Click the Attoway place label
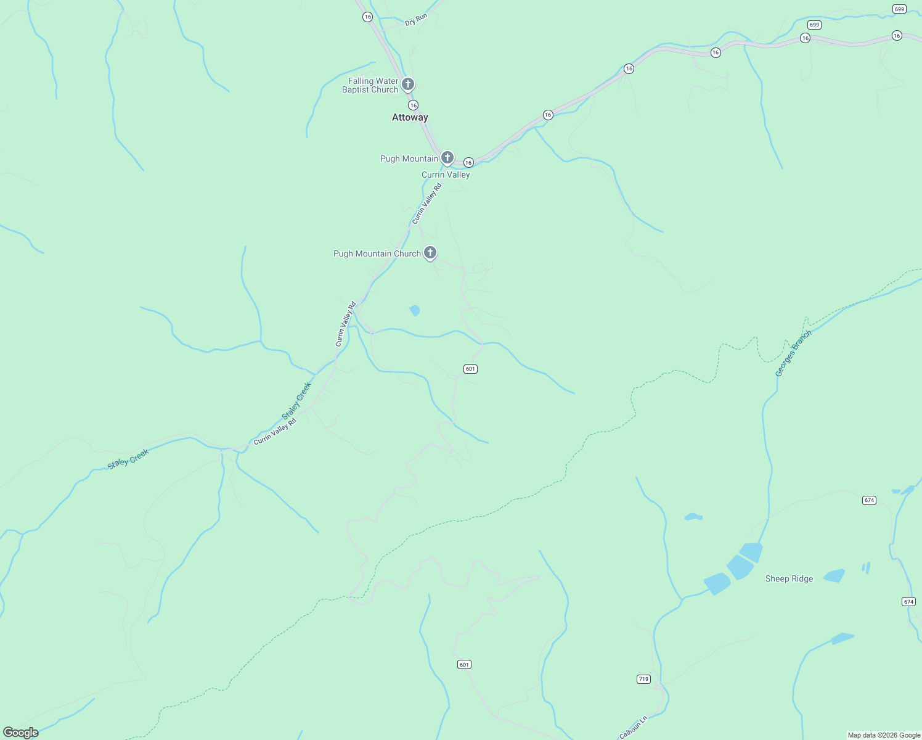tap(410, 117)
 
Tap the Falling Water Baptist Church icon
tap(407, 84)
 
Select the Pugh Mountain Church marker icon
tap(430, 252)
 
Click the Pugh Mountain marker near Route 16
tap(447, 158)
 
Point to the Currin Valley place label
tap(446, 175)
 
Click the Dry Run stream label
tap(416, 20)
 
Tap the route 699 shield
tap(899, 9)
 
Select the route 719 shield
tap(643, 679)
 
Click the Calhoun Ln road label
tap(634, 727)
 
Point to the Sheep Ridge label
tap(789, 578)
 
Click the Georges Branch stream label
tap(793, 353)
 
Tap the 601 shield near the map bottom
tap(465, 664)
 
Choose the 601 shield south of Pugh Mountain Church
tap(470, 369)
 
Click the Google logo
tap(20, 733)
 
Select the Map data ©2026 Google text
tap(884, 735)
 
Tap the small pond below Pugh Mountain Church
tap(415, 310)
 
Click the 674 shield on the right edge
tap(908, 601)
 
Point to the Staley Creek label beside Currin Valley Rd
tap(297, 401)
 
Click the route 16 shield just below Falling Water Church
tap(413, 105)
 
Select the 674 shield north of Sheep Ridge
tap(869, 500)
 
